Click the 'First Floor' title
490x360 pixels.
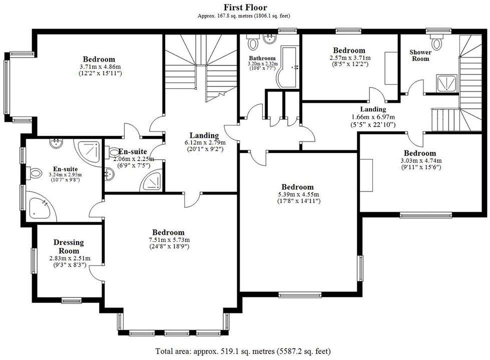245,7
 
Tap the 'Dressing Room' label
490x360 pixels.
69,246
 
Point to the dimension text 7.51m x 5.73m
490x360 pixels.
168,239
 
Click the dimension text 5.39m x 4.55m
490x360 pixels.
297,194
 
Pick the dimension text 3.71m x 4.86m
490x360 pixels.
99,66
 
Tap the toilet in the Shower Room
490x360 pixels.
437,43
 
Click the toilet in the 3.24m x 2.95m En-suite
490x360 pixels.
35,173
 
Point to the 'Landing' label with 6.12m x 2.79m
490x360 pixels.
204,135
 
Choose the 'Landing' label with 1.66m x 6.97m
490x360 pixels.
373,109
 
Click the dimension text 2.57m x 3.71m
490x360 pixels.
349,57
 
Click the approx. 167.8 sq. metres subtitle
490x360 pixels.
245,15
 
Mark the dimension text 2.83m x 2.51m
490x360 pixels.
70,258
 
